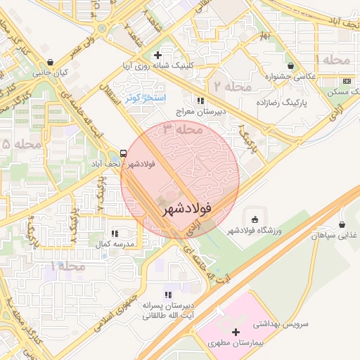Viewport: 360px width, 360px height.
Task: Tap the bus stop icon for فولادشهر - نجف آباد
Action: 124,153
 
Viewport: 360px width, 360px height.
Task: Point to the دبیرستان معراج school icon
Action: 201,101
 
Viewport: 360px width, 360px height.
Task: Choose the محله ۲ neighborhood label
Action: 233,86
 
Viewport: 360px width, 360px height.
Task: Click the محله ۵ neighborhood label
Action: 15,144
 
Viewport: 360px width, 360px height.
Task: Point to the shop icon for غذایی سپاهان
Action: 342,225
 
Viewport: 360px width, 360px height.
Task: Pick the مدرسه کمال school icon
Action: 114,233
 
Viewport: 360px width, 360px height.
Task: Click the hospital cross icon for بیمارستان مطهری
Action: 236,332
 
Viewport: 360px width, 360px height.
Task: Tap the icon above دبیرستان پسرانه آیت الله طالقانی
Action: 167,295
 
